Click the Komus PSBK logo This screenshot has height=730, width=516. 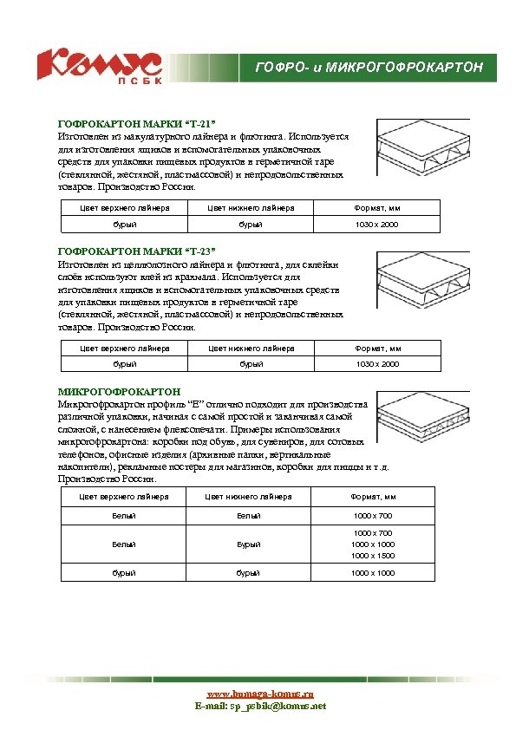coord(99,68)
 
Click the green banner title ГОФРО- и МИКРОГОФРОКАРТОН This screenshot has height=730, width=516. coord(375,68)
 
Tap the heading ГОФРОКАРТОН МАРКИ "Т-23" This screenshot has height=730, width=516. coord(135,252)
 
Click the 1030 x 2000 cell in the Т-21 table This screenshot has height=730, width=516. coord(377,225)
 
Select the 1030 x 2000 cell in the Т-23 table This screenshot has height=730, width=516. coord(377,364)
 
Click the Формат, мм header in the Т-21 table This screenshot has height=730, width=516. coord(377,208)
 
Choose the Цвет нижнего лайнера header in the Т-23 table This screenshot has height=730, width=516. coord(251,348)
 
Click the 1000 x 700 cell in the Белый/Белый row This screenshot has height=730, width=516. coord(373,516)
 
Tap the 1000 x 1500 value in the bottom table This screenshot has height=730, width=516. coord(373,556)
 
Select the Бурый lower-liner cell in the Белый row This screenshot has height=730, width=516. coord(249,544)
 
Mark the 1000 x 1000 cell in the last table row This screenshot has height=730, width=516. coord(373,573)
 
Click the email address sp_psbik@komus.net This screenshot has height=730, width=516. coord(278,707)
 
